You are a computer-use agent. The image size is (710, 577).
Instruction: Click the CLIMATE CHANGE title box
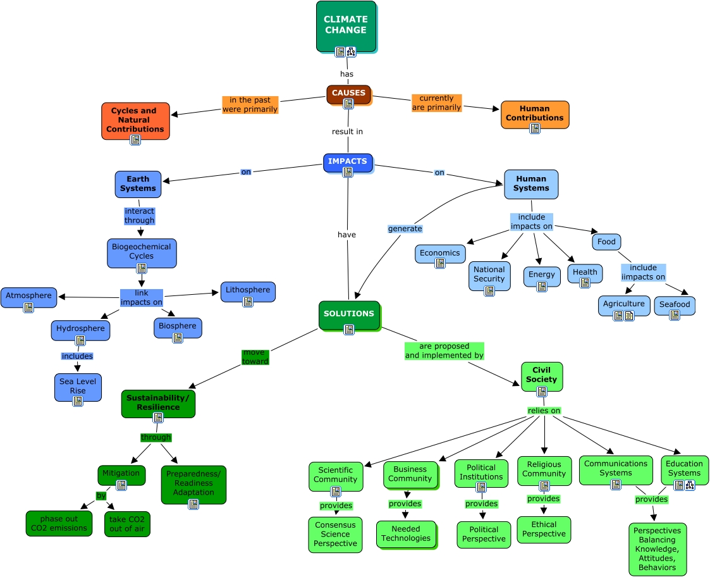(x=346, y=26)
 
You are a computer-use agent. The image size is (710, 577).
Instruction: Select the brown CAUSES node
(x=348, y=94)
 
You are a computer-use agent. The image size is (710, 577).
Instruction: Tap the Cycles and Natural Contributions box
(x=135, y=121)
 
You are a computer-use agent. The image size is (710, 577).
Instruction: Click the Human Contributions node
(x=535, y=115)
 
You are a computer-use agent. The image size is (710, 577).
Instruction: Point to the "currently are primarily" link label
(x=436, y=103)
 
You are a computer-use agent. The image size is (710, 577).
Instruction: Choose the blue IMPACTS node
(x=348, y=163)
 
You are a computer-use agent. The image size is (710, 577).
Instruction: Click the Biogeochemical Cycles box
(x=142, y=253)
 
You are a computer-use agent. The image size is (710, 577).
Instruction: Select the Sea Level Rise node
(x=78, y=387)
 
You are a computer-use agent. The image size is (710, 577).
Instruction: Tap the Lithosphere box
(x=248, y=292)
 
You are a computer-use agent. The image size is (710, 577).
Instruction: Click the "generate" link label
(x=405, y=229)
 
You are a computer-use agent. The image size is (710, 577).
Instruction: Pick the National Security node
(x=489, y=276)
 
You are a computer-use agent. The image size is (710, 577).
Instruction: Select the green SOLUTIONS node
(x=349, y=315)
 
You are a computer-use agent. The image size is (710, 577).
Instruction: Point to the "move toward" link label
(x=255, y=357)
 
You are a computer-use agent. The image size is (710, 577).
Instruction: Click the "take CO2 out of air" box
(x=127, y=524)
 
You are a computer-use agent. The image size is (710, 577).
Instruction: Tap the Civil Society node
(x=542, y=376)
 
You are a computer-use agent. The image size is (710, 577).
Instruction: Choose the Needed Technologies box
(x=406, y=534)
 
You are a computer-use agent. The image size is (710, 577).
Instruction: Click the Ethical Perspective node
(x=544, y=530)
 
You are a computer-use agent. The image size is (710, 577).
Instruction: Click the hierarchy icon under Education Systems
(x=690, y=485)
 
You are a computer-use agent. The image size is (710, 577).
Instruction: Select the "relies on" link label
(x=544, y=411)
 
